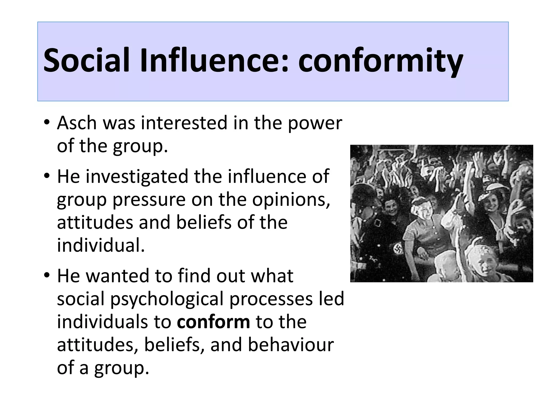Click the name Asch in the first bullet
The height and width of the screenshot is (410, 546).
pos(77,123)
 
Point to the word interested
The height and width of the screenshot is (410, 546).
pos(184,123)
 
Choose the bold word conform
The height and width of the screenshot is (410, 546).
pos(214,322)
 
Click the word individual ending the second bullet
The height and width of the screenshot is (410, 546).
pos(101,246)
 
